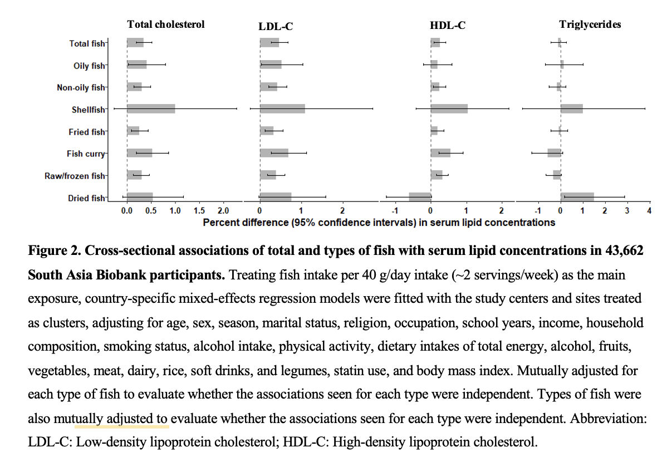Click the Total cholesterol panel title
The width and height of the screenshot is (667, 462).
(x=166, y=24)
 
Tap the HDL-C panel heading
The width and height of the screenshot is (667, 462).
(x=448, y=25)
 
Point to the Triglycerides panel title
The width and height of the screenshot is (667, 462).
(x=590, y=24)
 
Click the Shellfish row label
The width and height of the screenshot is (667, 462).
(x=88, y=110)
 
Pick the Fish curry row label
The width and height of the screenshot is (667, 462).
(x=86, y=154)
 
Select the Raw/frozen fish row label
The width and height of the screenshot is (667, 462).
(x=75, y=176)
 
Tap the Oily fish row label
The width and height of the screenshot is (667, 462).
(x=89, y=66)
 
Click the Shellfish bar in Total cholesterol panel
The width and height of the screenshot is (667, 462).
(x=151, y=109)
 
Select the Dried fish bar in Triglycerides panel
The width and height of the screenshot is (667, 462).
(x=577, y=197)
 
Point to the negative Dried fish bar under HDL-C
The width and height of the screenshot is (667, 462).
(x=420, y=197)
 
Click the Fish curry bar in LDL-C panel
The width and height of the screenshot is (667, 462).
(x=274, y=153)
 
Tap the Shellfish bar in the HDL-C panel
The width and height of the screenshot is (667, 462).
(x=449, y=109)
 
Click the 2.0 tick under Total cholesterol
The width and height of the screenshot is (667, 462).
(x=223, y=211)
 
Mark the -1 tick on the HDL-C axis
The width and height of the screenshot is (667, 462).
(x=394, y=211)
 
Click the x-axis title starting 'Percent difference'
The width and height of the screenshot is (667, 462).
(x=379, y=222)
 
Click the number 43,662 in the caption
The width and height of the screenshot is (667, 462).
(x=620, y=250)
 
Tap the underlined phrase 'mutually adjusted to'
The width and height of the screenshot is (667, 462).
(x=121, y=418)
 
